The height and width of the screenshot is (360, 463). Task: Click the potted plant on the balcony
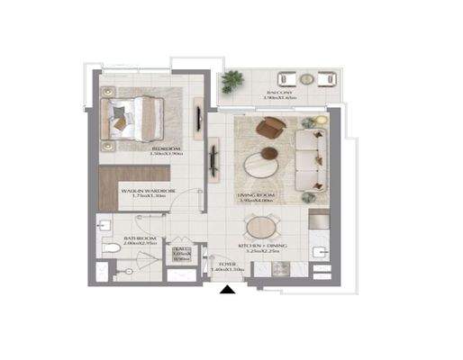[x=232, y=81]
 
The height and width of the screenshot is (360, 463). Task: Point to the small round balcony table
[x=306, y=78]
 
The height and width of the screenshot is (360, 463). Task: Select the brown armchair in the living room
[x=268, y=130]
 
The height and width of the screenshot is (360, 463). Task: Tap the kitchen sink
[x=316, y=247]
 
